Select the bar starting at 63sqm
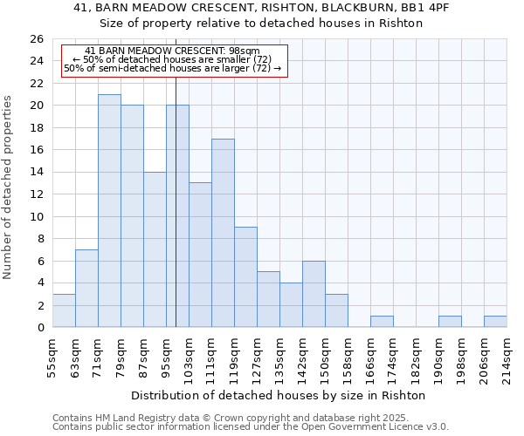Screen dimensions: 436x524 [86, 289]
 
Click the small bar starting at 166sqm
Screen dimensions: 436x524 [382, 322]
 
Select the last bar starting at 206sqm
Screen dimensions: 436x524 [495, 322]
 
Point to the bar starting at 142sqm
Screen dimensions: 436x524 [314, 294]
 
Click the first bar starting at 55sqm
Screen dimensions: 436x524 [64, 310]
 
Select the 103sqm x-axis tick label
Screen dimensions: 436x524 [189, 356]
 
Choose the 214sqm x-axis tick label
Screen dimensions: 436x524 [507, 356]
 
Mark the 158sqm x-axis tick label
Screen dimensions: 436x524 [348, 356]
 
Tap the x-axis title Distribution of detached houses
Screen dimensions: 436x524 [279, 395]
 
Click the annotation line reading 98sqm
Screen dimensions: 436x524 [173, 51]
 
